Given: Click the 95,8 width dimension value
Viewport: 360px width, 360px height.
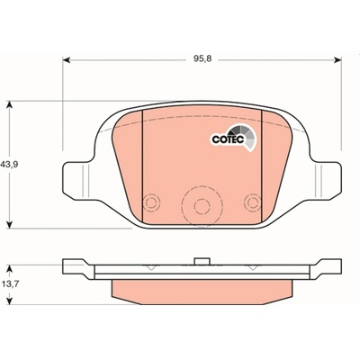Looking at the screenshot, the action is tap(202, 58).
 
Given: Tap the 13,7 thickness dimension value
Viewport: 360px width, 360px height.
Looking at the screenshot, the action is tap(10, 283).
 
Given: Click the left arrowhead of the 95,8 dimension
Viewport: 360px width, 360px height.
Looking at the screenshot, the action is tap(67, 60).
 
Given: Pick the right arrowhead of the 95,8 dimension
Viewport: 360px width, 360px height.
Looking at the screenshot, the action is tap(337, 60).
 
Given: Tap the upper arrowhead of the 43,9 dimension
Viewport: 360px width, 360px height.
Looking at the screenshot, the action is tap(10, 104).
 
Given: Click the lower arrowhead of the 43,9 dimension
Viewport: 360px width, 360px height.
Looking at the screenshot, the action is tap(10, 224).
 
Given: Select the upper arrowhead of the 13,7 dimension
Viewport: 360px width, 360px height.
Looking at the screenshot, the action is tap(10, 268).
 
